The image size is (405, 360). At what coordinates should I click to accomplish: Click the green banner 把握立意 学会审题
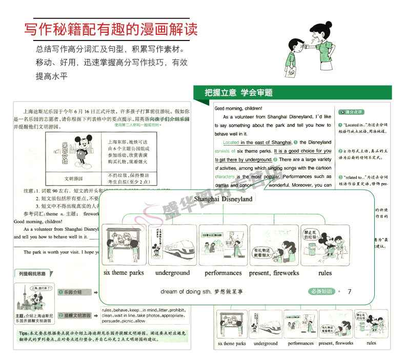click(238, 93)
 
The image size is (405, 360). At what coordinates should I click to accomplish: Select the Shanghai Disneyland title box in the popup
click(223, 199)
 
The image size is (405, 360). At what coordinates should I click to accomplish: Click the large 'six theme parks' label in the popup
click(124, 273)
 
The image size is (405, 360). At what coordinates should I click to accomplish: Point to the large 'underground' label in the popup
click(172, 273)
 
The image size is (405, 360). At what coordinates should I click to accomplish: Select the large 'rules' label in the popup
click(325, 273)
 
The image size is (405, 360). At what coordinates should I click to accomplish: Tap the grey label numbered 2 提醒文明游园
click(77, 315)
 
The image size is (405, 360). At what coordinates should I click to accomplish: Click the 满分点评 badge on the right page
click(352, 112)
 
